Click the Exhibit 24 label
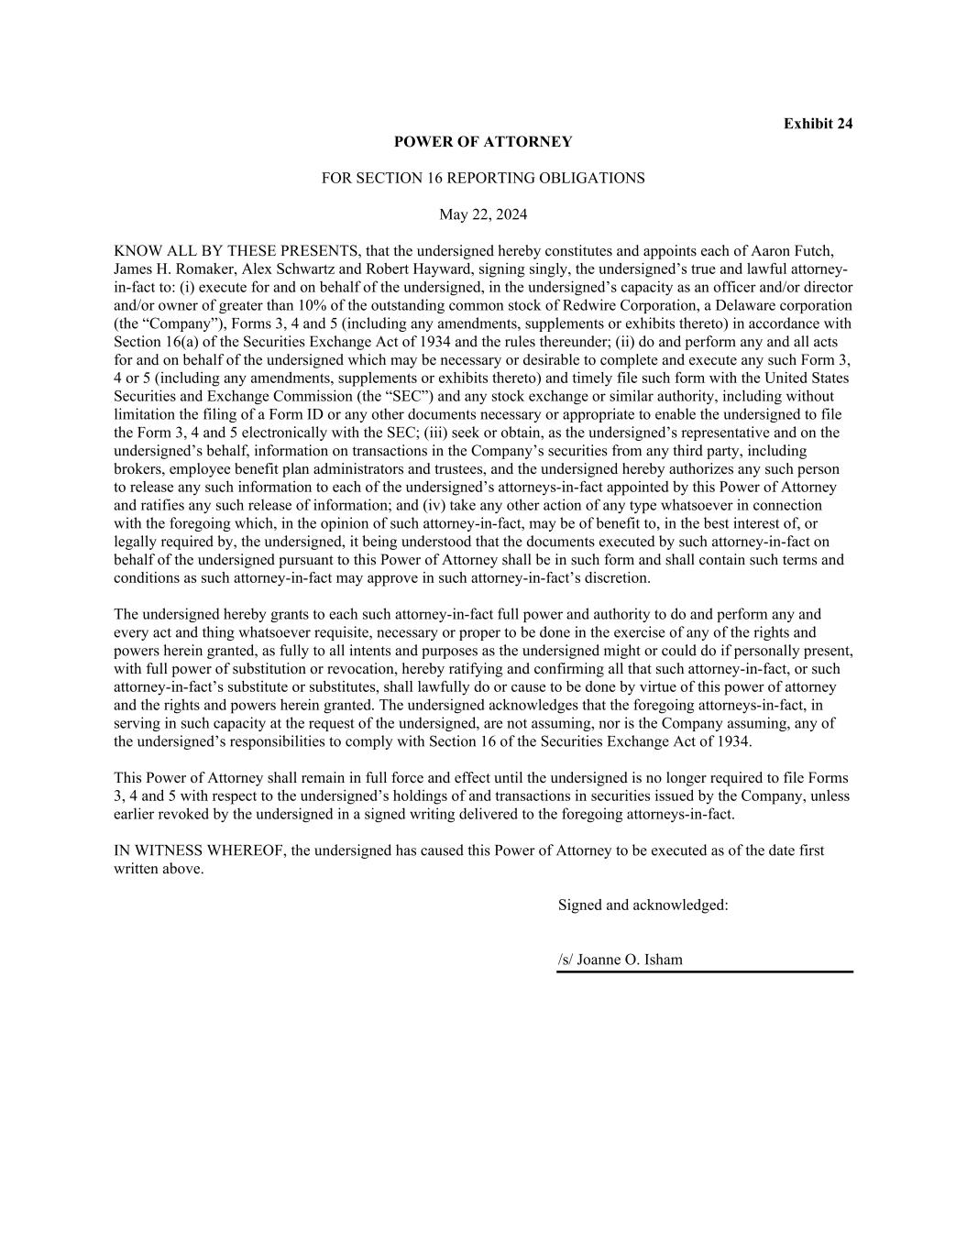click(x=818, y=124)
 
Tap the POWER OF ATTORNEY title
click(x=483, y=142)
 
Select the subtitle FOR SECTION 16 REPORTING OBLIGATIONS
click(x=483, y=178)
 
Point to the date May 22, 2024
click(x=483, y=214)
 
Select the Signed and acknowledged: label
click(x=643, y=905)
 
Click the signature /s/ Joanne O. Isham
click(x=621, y=960)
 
